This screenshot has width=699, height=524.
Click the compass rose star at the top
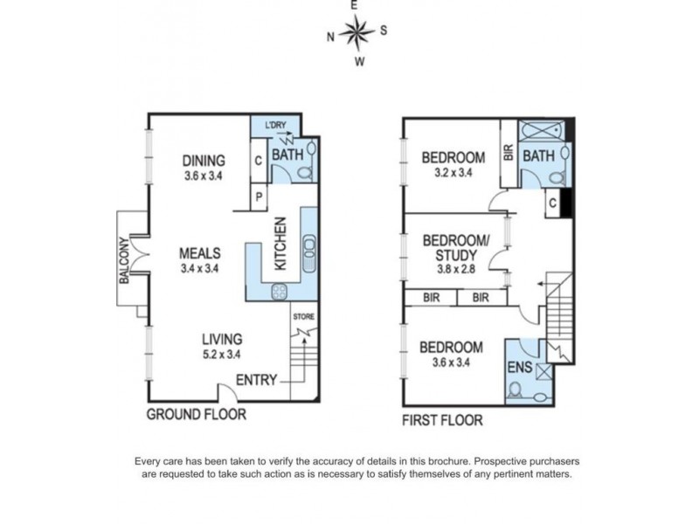[356, 31]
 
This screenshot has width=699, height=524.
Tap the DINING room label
[204, 161]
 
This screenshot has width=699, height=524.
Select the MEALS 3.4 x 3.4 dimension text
[199, 269]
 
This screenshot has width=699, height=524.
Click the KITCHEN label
[280, 244]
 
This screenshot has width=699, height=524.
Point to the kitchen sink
[309, 253]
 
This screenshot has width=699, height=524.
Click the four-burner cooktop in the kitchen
[280, 292]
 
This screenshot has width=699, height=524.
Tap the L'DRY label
[275, 125]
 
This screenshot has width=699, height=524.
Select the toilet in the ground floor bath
[307, 173]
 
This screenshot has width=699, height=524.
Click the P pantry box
[259, 196]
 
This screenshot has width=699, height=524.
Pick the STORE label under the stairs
[303, 317]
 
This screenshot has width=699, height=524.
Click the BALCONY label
[124, 260]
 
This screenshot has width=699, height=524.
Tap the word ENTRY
[256, 380]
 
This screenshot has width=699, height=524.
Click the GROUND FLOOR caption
[196, 414]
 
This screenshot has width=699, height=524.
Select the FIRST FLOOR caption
[442, 420]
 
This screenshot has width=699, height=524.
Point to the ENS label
[520, 367]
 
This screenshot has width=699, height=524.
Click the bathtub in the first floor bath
[542, 130]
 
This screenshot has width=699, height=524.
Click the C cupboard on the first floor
[553, 203]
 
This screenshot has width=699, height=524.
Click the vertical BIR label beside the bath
[509, 153]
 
